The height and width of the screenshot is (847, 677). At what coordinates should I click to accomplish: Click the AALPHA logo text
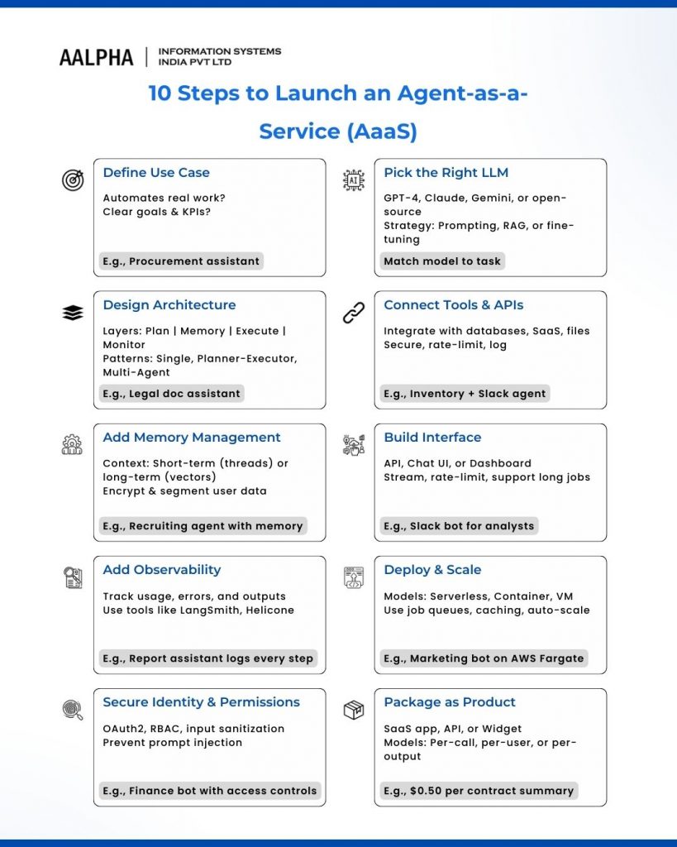[96, 57]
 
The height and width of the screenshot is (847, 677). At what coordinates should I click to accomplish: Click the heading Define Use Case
[156, 173]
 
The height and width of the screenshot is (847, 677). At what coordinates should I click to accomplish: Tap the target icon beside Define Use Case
[73, 179]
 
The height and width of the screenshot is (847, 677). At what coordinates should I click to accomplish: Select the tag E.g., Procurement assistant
[181, 261]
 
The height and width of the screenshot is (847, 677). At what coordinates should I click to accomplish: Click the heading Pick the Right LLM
[446, 173]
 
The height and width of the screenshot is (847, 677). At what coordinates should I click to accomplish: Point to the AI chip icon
[354, 179]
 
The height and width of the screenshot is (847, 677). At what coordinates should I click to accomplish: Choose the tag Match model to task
[442, 261]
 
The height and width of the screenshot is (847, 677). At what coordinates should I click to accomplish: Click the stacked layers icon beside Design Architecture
[73, 313]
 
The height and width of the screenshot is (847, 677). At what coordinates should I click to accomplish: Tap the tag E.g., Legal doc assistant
[172, 394]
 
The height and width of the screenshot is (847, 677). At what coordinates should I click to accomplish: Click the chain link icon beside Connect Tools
[354, 313]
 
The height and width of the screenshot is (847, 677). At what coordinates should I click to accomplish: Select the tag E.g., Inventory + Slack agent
[465, 394]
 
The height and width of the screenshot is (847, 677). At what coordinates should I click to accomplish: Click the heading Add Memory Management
[192, 438]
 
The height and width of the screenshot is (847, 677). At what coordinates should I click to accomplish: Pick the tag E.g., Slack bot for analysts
[459, 526]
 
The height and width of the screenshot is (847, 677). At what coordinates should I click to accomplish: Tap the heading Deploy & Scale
[432, 570]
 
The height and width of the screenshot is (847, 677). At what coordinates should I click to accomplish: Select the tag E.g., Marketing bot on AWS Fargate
[484, 658]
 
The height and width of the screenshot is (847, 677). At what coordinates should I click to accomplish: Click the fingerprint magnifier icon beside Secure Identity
[73, 710]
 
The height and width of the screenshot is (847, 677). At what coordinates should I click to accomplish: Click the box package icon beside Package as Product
[354, 710]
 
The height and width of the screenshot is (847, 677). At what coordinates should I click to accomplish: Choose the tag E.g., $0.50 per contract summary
[479, 791]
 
